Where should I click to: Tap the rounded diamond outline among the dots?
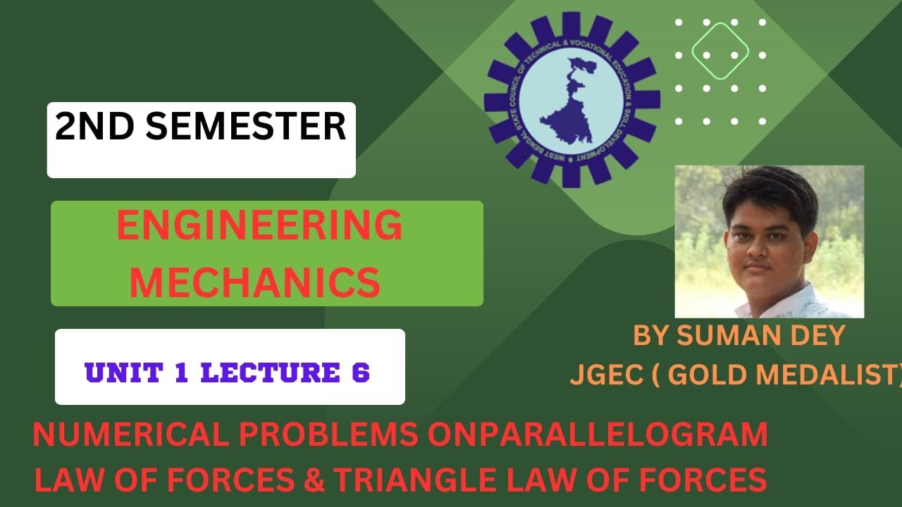click(x=719, y=51)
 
